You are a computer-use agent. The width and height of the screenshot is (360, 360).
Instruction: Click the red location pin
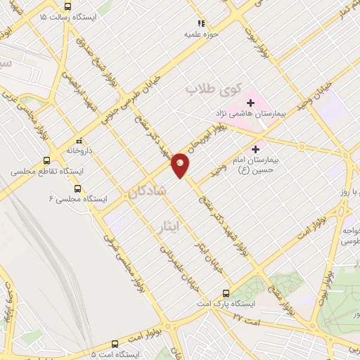(x=181, y=165)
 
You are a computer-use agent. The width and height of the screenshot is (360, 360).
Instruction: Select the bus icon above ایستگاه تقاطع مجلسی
(x=46, y=160)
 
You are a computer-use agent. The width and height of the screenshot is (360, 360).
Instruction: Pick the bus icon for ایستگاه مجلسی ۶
(x=77, y=188)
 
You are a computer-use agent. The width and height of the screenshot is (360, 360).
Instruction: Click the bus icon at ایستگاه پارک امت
(x=226, y=292)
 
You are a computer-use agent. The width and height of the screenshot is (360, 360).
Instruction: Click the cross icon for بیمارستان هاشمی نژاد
(x=251, y=103)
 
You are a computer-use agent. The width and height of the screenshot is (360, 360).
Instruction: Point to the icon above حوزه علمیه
(x=202, y=23)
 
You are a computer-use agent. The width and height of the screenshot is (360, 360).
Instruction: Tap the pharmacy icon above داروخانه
(x=79, y=140)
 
